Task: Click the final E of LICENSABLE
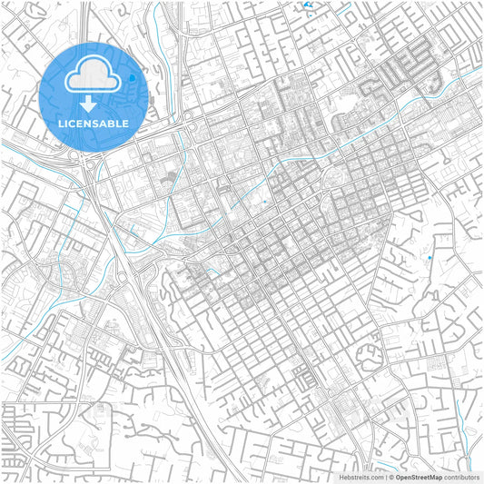(x=125, y=123)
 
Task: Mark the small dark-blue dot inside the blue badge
(x=132, y=78)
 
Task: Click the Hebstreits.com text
(x=362, y=477)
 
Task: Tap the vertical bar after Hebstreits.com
(x=386, y=477)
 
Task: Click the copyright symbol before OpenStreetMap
(x=391, y=477)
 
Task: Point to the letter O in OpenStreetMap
(x=398, y=477)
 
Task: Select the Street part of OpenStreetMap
(x=420, y=477)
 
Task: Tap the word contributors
(x=462, y=477)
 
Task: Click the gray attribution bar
(x=409, y=477)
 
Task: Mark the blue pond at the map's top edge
(x=309, y=5)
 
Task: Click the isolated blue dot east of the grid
(x=430, y=258)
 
